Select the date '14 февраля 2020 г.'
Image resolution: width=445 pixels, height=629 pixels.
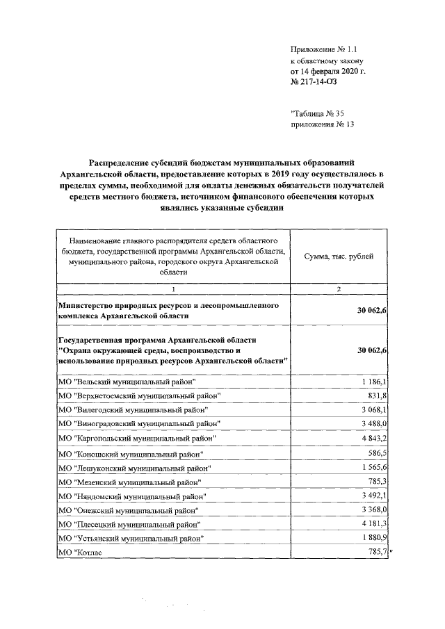coord(330,71)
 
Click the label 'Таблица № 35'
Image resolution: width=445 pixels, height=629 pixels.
coord(321,114)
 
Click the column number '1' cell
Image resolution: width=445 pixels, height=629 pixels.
coord(173,289)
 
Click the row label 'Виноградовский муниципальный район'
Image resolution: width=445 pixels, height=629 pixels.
coord(140,423)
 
